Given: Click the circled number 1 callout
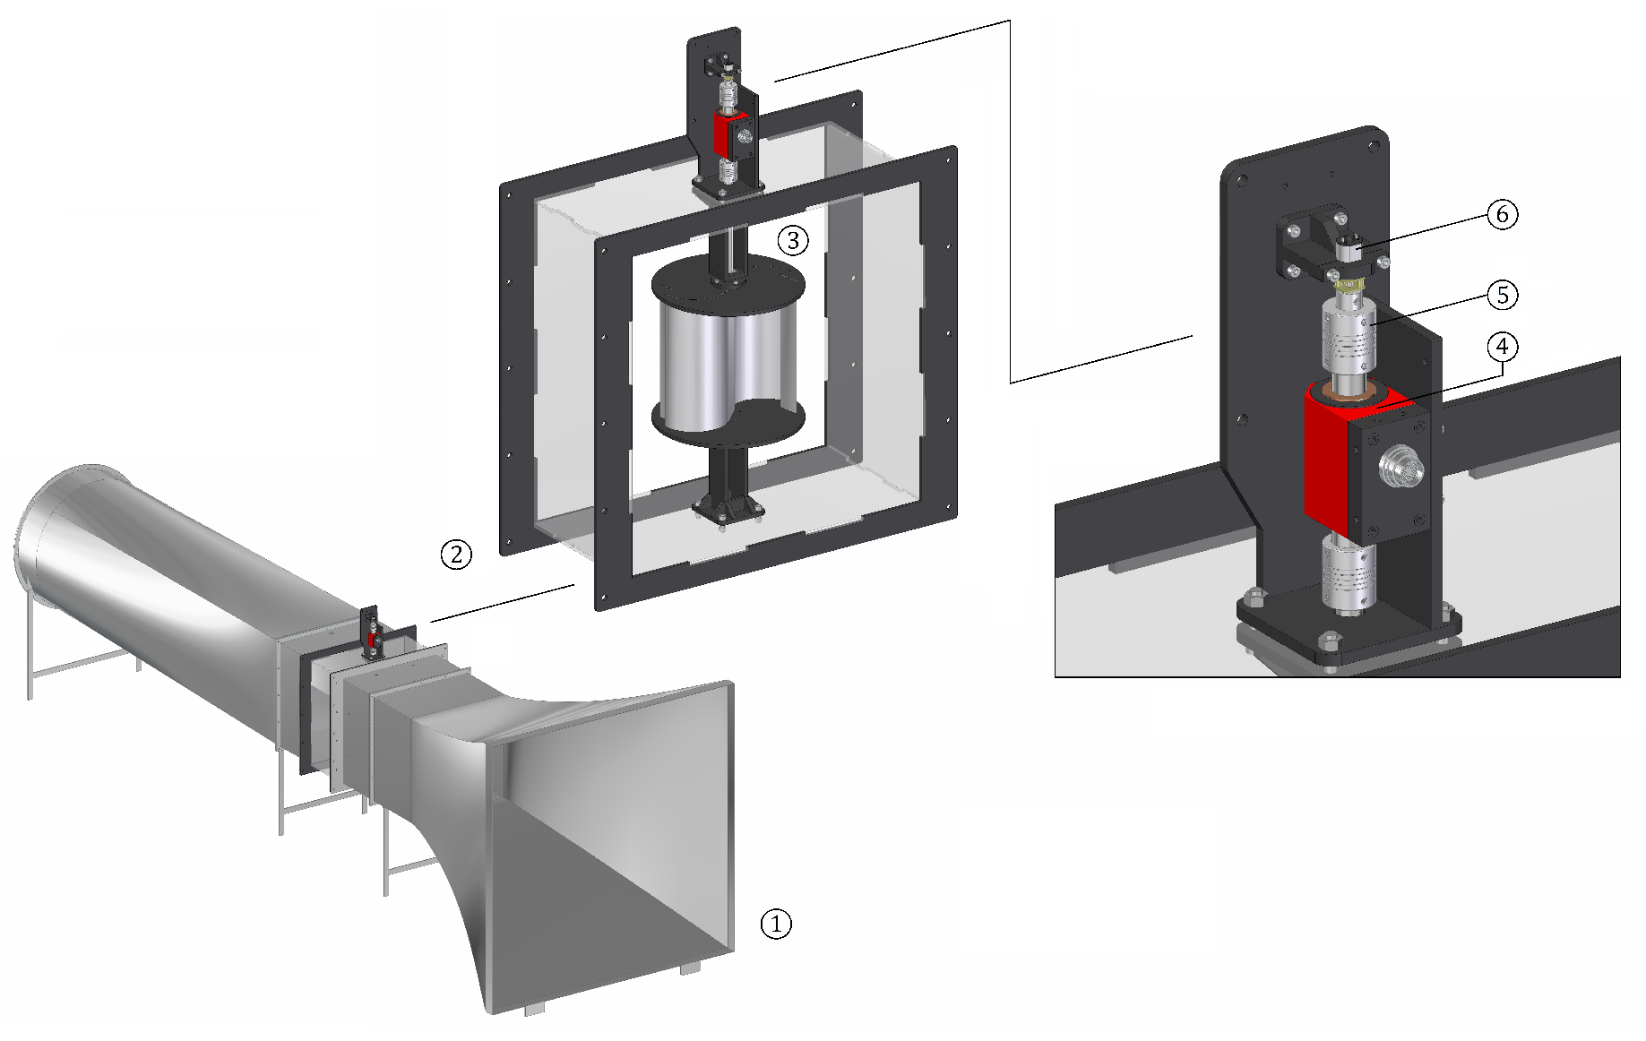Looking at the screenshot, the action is (x=776, y=923).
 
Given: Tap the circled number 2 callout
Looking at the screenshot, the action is (x=456, y=554).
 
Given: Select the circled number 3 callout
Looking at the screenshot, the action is (x=792, y=239).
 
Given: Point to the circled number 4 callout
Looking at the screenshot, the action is (x=1503, y=348).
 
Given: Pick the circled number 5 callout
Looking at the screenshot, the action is (x=1503, y=294).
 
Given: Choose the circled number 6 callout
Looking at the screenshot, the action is (x=1503, y=215).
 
